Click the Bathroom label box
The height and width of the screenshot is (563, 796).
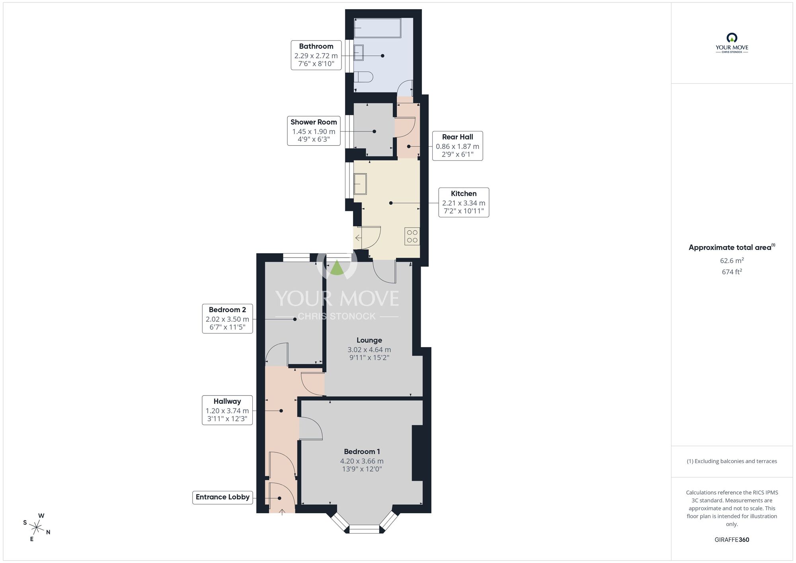coord(316,55)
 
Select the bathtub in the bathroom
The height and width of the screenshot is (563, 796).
coord(377,28)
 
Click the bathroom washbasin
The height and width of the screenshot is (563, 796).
coord(359,53)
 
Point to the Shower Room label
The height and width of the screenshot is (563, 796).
coord(314,131)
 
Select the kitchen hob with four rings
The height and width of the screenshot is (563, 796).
coord(412,236)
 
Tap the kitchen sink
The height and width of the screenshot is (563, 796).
coord(360,184)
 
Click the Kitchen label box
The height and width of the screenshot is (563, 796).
coord(464,202)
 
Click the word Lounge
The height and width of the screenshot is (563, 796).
coord(369,340)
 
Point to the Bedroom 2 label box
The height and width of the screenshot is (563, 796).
coord(227,319)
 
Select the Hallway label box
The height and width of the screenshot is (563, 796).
coord(227,410)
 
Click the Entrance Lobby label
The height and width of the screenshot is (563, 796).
coord(222,497)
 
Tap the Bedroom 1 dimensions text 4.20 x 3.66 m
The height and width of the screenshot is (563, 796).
coord(361,461)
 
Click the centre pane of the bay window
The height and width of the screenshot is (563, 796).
coord(364,529)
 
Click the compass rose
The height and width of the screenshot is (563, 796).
coord(37,528)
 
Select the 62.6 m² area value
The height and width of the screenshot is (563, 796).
coord(732,261)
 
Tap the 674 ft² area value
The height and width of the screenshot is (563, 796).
coord(732,272)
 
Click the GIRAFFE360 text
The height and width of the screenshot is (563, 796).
coord(732,540)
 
